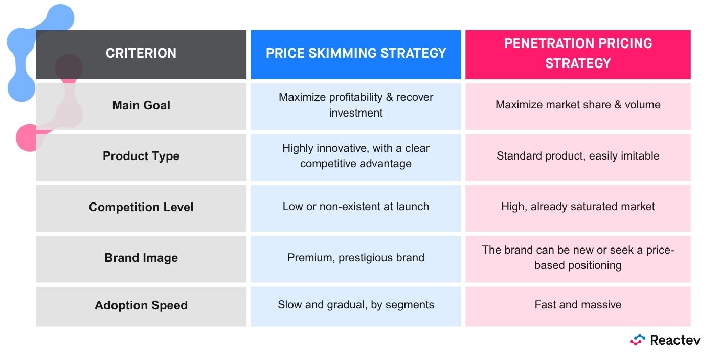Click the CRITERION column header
click(141, 53)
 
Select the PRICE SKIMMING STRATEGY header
click(356, 53)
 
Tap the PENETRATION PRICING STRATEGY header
click(578, 53)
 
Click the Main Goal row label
click(141, 105)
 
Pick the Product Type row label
click(141, 156)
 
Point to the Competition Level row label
click(141, 207)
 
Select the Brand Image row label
click(141, 258)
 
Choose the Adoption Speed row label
click(141, 305)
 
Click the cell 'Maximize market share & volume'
click(578, 105)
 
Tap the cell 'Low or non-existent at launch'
click(356, 207)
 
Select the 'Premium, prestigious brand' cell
click(356, 258)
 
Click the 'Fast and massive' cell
click(578, 304)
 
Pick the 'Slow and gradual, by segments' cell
click(356, 305)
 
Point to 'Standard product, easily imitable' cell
click(578, 156)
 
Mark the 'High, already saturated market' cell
click(578, 207)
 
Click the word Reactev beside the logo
click(675, 340)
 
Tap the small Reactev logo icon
click(638, 340)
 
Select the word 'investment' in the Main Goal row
click(356, 113)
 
